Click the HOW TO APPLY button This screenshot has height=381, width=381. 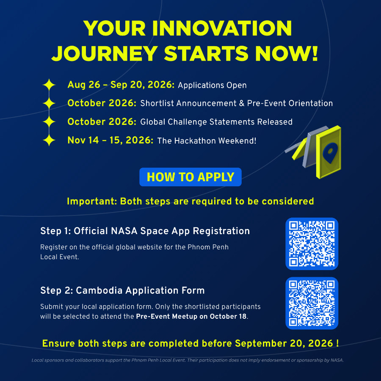point(190,177)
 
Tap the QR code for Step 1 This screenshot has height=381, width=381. point(312,244)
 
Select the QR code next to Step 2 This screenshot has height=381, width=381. point(312,303)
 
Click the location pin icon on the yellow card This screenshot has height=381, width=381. point(330,152)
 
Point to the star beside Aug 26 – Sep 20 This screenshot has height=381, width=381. point(49,85)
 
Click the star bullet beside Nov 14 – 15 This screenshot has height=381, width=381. point(49,140)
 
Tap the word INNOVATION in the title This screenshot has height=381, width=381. point(222,28)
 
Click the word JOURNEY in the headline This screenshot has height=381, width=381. point(105,53)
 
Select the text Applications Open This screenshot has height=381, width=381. point(212,85)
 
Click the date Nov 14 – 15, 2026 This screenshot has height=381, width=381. point(110,140)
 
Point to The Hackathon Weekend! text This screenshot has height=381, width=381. point(207,141)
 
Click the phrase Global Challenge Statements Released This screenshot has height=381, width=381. point(216,122)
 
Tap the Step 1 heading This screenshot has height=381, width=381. point(145,231)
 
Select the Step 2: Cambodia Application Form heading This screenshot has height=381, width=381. point(122,290)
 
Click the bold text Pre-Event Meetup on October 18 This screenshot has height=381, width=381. point(191,316)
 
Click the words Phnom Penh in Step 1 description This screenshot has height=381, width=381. point(208,247)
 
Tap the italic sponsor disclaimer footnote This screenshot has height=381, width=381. point(188,360)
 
